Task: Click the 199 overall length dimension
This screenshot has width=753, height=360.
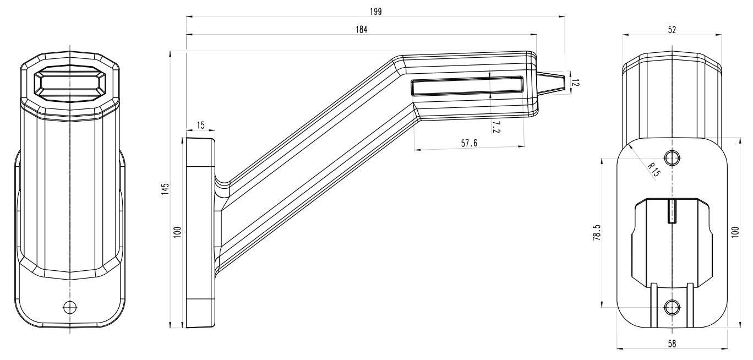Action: point(376,11)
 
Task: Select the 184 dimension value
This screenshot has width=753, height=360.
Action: point(361,29)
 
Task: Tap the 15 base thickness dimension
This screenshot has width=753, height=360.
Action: point(200,126)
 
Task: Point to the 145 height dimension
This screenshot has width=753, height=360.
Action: point(165,188)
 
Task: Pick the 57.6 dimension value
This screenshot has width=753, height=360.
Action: point(469,143)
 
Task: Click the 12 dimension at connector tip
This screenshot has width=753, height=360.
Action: point(576,83)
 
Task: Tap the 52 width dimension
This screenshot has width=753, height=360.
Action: point(672,30)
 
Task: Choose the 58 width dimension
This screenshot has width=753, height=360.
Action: point(672,343)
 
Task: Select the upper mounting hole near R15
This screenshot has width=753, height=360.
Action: point(672,158)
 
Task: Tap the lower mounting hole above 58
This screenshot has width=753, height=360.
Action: point(672,307)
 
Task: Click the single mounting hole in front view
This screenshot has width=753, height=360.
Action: point(70,307)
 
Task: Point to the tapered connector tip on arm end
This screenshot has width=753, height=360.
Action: point(552,83)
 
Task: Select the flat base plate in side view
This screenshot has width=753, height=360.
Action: point(200,232)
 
